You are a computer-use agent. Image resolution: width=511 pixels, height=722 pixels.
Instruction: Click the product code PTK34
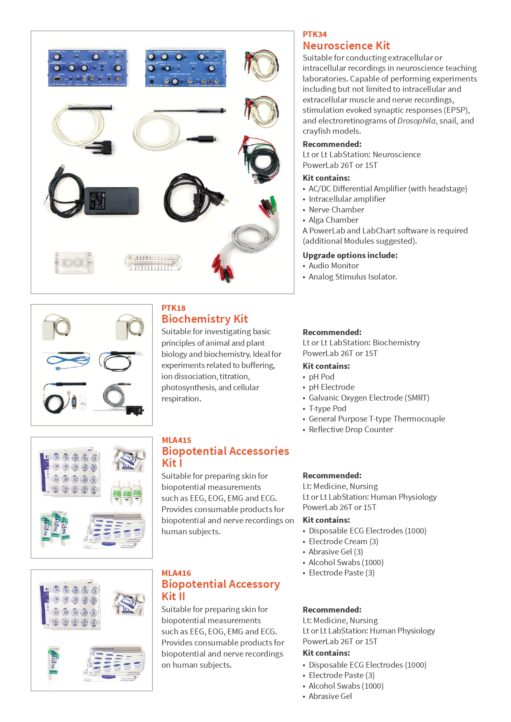point(315,35)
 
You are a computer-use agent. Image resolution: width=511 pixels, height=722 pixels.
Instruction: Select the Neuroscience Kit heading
point(346,46)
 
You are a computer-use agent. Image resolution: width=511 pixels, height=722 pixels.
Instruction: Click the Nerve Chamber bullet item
point(336,210)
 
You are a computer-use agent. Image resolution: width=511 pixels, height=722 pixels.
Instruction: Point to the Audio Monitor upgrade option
point(334,266)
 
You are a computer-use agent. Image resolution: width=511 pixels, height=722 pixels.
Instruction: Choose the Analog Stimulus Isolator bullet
point(352,277)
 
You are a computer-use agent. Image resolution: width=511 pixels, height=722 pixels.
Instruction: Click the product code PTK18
point(173,308)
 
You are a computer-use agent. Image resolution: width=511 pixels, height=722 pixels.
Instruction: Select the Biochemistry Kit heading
point(205,319)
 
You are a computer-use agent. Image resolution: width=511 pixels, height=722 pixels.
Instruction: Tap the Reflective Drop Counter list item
point(350,429)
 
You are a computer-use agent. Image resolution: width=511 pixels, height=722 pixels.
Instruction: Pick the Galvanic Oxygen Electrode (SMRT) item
point(369,398)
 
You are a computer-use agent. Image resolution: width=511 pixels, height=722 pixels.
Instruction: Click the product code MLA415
point(176,440)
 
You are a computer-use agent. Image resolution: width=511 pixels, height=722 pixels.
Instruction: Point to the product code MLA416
point(176,573)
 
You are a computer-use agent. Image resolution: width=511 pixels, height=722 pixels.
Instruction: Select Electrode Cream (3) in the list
point(343,541)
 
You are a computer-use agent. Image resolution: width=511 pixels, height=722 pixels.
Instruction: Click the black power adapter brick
point(111,200)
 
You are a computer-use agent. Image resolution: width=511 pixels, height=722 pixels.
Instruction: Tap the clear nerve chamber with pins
point(153,262)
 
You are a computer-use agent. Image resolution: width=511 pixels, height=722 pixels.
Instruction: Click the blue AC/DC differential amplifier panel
point(88,68)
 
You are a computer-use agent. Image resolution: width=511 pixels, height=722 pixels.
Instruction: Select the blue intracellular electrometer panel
point(186,68)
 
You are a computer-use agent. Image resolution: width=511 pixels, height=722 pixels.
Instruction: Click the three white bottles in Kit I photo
point(126,492)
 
